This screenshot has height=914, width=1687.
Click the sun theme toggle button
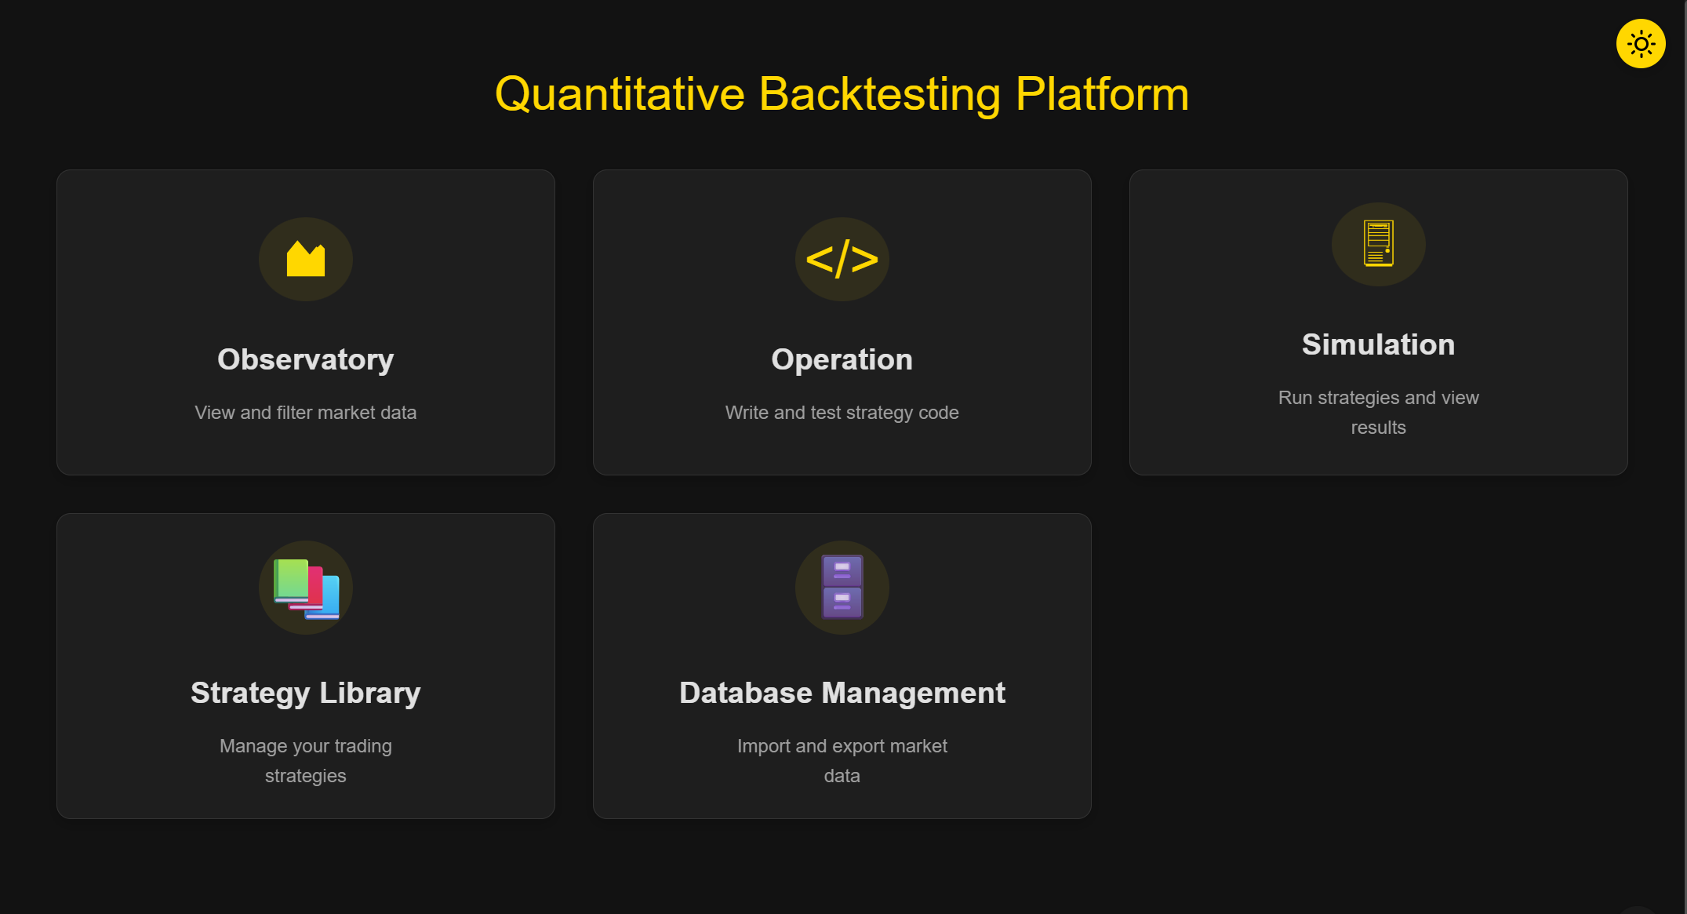(x=1640, y=44)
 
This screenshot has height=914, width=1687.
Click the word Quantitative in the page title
(x=620, y=95)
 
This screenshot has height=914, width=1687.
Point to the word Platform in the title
(x=1102, y=95)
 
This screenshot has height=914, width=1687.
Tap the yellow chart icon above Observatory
(x=306, y=259)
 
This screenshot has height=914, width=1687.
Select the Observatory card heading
(x=306, y=359)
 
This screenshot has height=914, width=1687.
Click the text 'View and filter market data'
(x=306, y=413)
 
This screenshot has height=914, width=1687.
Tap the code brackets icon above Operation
(x=842, y=259)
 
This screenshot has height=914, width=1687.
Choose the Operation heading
(x=842, y=359)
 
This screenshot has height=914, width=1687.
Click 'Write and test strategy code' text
(x=842, y=413)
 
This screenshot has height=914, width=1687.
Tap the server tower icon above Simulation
(x=1378, y=244)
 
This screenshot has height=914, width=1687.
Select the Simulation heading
(x=1378, y=344)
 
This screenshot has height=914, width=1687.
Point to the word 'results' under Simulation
(x=1378, y=428)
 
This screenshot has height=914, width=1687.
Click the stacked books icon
(x=306, y=588)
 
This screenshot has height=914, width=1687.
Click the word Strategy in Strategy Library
(x=250, y=694)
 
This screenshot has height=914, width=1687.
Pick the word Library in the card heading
(x=369, y=694)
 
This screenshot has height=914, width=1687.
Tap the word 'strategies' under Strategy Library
(x=306, y=776)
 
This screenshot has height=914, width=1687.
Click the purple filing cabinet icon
(x=842, y=587)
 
